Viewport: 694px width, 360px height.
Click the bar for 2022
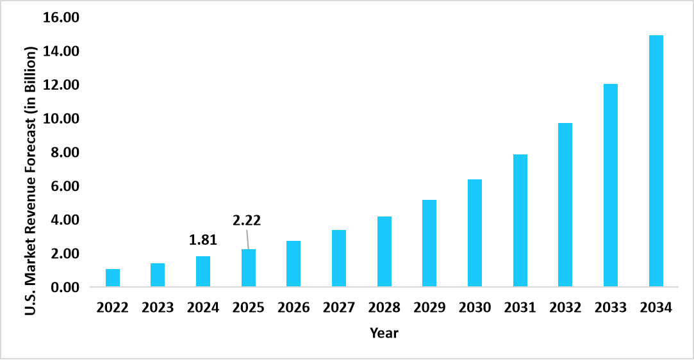113,278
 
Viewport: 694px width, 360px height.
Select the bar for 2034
656,161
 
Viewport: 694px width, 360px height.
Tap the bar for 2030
475,233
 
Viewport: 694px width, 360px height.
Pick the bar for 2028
384,252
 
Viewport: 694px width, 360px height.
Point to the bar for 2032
565,205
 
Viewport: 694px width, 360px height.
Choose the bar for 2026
293,264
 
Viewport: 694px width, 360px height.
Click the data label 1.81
203,241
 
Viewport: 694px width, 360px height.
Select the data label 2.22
247,221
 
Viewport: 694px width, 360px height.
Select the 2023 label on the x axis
158,308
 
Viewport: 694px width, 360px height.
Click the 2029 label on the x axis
429,308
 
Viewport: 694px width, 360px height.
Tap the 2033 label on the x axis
610,308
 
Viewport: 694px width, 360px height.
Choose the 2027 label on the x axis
339,308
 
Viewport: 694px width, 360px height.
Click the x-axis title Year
384,333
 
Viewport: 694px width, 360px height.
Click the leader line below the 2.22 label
247,240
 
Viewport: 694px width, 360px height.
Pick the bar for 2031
520,220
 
